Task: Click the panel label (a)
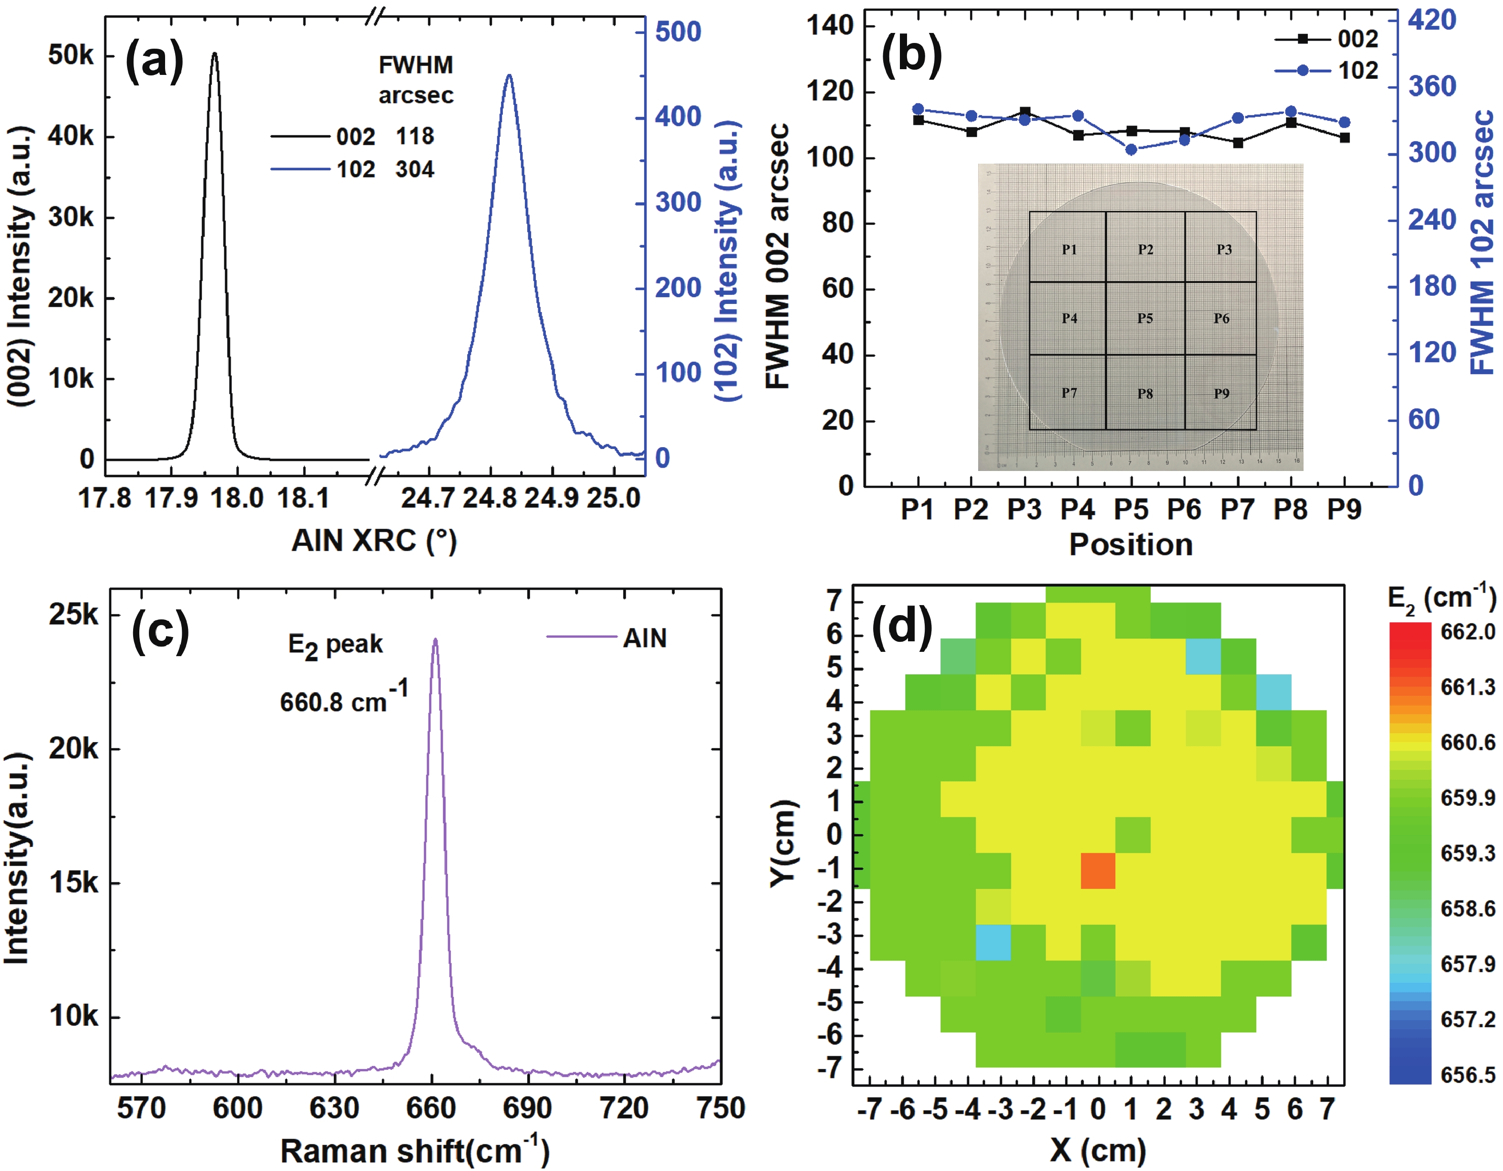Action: coord(154,61)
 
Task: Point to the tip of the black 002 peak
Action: coord(214,53)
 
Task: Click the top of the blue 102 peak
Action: coord(509,76)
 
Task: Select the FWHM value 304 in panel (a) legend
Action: coord(415,169)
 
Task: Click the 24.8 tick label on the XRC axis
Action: coord(489,498)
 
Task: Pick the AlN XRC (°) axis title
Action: coord(374,541)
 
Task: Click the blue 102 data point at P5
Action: coord(1131,149)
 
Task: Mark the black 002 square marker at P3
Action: coord(1025,112)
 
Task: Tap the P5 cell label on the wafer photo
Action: coord(1145,318)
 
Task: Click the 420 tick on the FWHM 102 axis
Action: coord(1431,21)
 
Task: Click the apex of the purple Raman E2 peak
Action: coord(435,639)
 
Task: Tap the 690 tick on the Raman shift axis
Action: coord(527,1109)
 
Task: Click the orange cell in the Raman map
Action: coord(1097,871)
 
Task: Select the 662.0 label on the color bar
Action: coord(1467,631)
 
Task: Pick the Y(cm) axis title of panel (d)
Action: coord(783,844)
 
